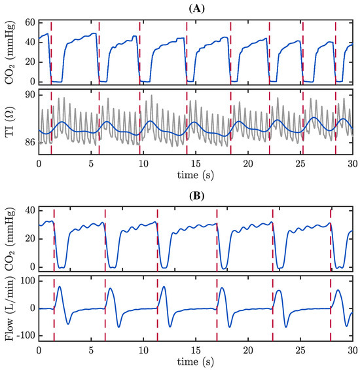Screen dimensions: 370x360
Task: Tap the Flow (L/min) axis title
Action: pos(9,308)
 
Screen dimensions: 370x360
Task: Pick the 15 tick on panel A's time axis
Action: pos(196,162)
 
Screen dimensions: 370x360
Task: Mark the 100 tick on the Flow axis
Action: pos(26,281)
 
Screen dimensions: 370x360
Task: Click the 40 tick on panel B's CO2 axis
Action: pos(29,210)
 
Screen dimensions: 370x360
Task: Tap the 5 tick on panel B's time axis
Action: pos(91,349)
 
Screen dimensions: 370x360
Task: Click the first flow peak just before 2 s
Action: pos(60,287)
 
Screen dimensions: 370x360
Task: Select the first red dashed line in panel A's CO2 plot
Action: pos(51,52)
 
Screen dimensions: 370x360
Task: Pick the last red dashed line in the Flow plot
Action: pos(331,308)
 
